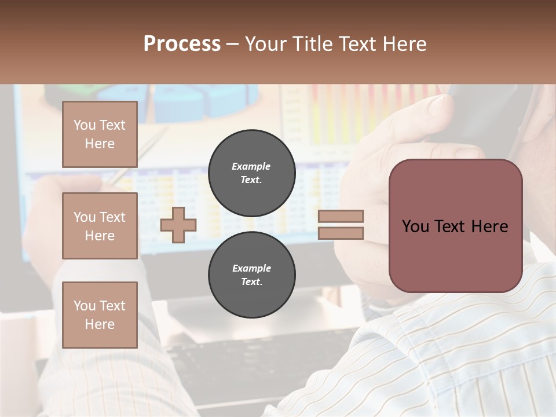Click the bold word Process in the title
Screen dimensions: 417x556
(x=182, y=44)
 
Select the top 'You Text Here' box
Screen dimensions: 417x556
(x=100, y=134)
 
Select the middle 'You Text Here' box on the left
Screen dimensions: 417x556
(x=100, y=226)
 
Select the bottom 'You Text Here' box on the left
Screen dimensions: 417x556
(x=100, y=315)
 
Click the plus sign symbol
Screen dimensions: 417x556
(x=178, y=225)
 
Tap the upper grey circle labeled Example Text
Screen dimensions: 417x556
(x=251, y=173)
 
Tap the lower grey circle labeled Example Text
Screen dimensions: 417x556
(x=251, y=275)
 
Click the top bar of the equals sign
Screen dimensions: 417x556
(x=341, y=217)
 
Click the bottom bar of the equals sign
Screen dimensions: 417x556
(x=341, y=233)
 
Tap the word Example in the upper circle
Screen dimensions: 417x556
(x=251, y=166)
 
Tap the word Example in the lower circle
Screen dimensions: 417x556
(x=251, y=268)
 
